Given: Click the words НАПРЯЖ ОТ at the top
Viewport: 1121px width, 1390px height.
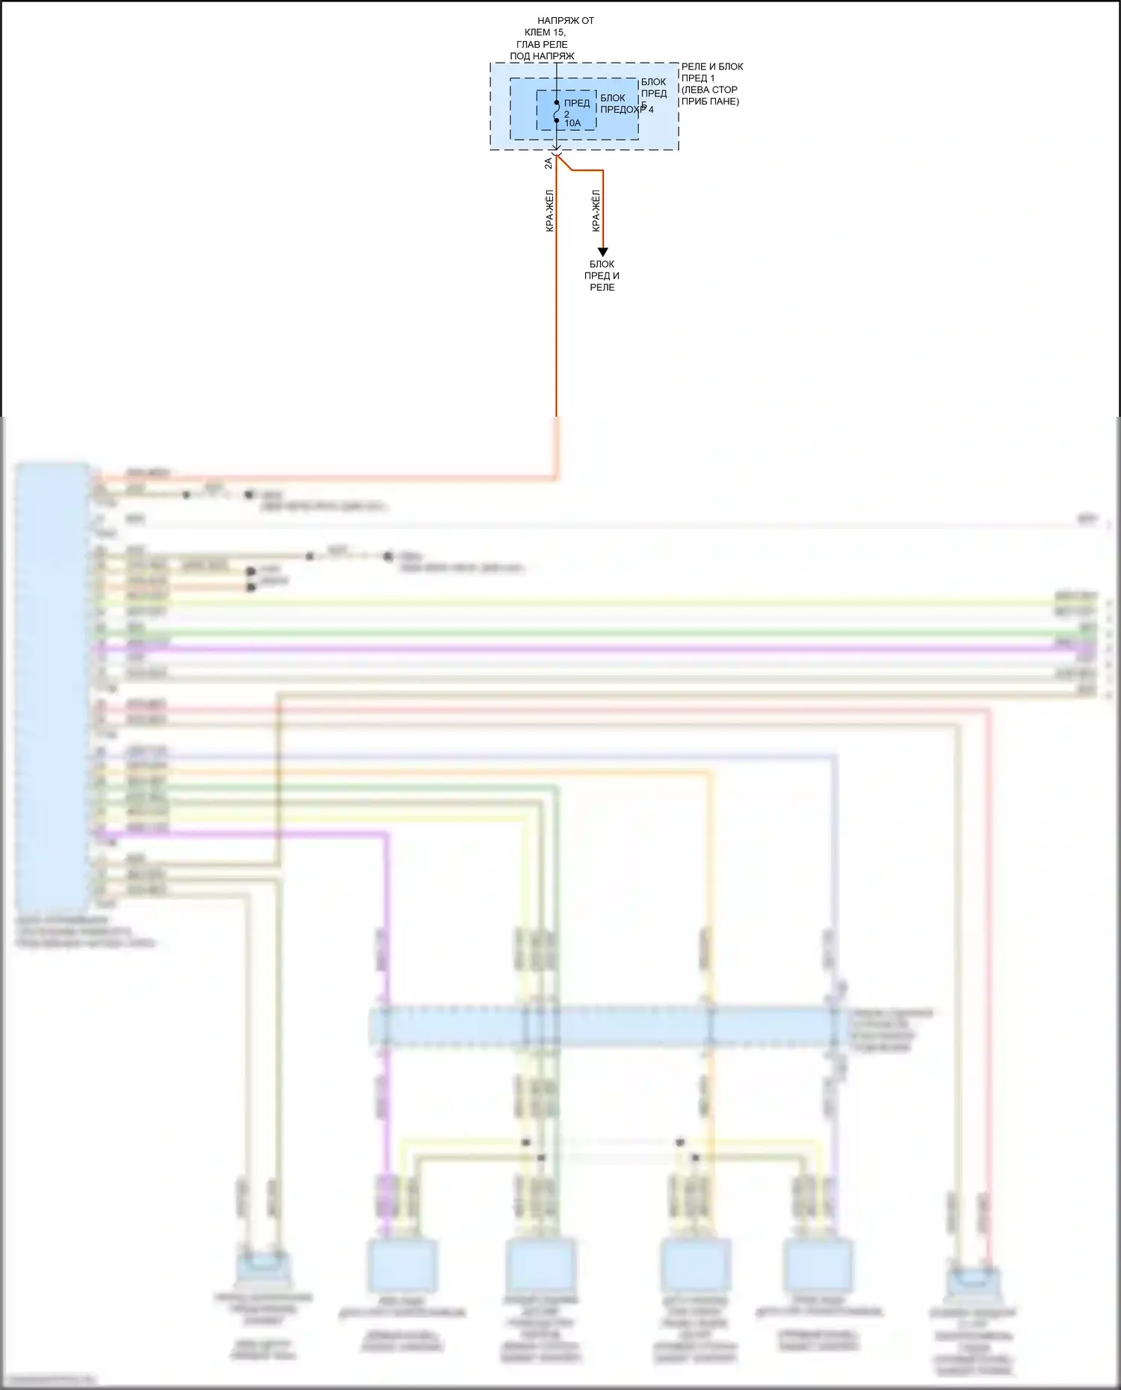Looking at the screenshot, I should [566, 21].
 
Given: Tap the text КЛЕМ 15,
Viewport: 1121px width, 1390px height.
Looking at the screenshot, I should [545, 32].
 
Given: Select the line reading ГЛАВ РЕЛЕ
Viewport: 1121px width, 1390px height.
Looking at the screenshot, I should [542, 44].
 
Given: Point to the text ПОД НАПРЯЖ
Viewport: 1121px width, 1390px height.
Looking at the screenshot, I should [542, 56].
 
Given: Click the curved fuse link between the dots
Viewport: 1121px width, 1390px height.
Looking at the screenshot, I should [557, 111].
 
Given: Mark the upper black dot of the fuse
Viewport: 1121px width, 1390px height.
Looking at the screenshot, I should [557, 102].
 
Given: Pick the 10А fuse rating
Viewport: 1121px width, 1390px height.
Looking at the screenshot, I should [572, 123].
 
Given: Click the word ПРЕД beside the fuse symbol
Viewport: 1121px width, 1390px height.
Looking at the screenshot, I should [577, 103].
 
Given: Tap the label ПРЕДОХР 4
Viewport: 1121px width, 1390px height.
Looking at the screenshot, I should [626, 110].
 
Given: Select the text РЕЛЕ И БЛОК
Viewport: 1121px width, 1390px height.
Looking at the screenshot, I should [712, 66].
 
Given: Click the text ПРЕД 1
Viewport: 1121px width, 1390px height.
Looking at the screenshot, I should [698, 78].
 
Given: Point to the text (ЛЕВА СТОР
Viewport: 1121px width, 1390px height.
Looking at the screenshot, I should [709, 90].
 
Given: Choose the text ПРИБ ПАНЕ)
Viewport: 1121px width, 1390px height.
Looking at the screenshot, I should [710, 101].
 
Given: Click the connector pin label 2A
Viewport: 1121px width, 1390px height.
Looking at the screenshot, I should [549, 163].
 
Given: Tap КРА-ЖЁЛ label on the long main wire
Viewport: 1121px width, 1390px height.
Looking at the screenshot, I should [550, 211].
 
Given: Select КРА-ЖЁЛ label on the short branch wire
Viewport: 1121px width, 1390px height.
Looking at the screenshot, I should [596, 211].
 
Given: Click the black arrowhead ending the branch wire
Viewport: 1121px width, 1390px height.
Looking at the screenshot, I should [602, 252].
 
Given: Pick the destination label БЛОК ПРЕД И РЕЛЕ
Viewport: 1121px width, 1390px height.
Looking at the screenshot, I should [602, 276].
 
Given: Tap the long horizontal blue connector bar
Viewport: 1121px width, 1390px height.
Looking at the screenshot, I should [609, 1027].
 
